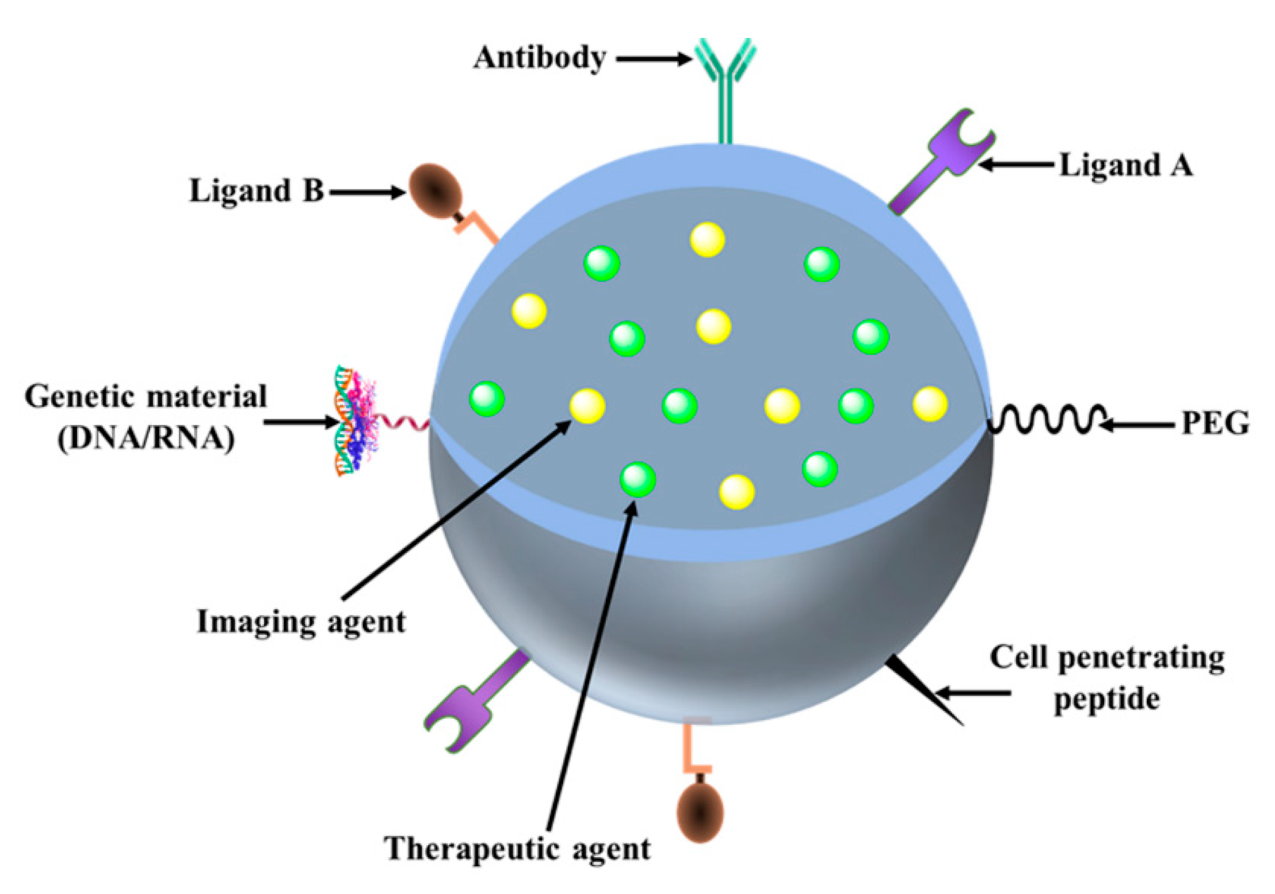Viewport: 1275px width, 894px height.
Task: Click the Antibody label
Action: [x=539, y=59]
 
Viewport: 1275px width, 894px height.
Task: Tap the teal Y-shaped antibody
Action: [x=726, y=81]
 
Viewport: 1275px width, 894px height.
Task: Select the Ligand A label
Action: [x=1126, y=165]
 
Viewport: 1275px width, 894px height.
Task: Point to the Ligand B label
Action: [x=257, y=190]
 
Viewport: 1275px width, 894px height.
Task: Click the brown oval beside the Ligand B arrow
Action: [x=436, y=190]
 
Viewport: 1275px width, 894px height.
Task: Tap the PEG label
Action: [x=1215, y=424]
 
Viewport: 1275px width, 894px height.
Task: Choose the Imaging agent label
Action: [x=301, y=622]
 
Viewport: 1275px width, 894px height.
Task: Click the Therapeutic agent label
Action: [x=517, y=849]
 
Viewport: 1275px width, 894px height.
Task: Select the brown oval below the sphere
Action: [x=700, y=811]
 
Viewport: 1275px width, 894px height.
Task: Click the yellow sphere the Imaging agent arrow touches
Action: [x=587, y=406]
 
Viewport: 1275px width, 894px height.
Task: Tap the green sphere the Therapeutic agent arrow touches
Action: [x=637, y=479]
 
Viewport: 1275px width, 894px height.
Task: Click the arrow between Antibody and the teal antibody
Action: [x=654, y=59]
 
